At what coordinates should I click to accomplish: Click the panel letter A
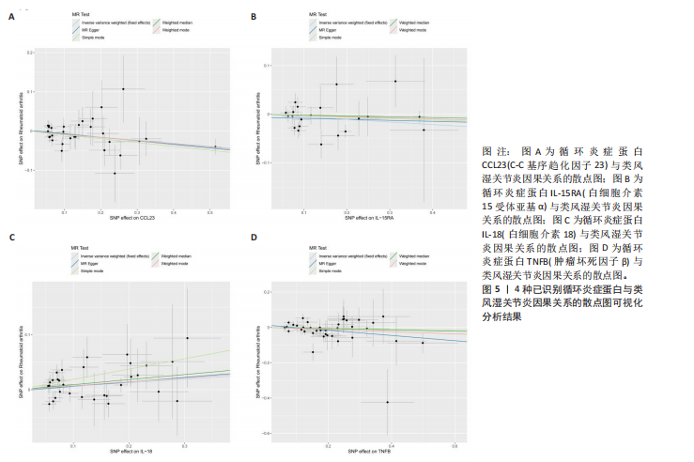coord(12,17)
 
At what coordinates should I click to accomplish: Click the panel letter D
coord(254,237)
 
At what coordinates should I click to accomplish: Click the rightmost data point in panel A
coord(215,146)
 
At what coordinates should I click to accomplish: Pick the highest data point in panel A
coord(123,89)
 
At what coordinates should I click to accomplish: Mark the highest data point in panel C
coord(187,338)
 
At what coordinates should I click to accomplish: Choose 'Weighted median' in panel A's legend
coord(176,21)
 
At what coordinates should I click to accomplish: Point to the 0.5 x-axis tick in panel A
coord(210,213)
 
